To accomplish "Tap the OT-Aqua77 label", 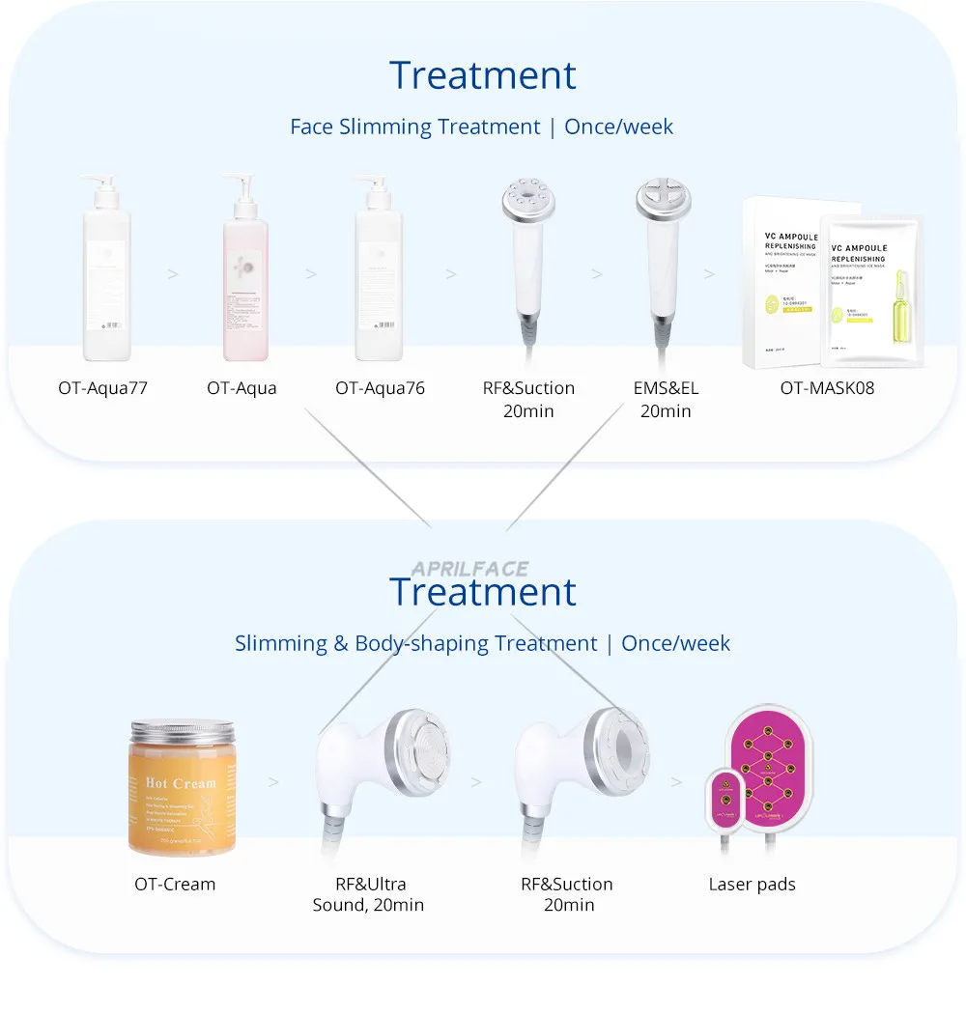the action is pos(102,388).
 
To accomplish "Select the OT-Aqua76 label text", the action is pos(380,388).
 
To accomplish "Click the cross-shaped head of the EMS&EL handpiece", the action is pos(663,199).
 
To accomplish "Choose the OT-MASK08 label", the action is pos(826,388).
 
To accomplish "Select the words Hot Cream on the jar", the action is pos(181,782).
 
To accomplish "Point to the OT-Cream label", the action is pos(175,884).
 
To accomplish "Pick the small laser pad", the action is pos(724,799).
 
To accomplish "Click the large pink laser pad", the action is pos(769,769).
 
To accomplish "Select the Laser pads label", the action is pos(752,884).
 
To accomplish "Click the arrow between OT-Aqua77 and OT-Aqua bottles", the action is pos(173,274).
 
